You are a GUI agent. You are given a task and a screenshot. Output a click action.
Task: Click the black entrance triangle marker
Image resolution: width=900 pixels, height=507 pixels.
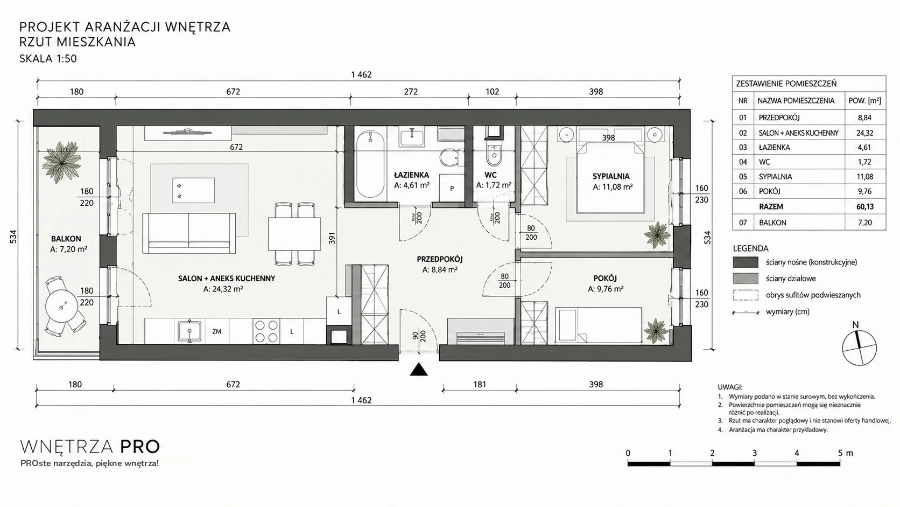[x=419, y=370]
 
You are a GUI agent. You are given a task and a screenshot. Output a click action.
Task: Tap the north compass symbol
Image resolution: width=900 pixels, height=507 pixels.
[x=860, y=348]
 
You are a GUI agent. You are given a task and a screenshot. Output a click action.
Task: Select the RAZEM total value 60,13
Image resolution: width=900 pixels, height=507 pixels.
[x=864, y=207]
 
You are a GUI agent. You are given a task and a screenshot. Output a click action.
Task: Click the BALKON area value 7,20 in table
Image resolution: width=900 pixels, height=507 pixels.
[x=864, y=223]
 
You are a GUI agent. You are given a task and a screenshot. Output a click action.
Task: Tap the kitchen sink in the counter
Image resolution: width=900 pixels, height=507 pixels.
[x=189, y=331]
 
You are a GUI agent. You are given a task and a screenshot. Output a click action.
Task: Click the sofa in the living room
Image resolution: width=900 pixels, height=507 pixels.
[x=189, y=233]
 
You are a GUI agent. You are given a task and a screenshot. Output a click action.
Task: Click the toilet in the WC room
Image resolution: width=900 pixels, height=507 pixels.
[x=494, y=155]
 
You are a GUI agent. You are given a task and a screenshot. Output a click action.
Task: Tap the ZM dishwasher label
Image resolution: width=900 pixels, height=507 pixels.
[x=216, y=332]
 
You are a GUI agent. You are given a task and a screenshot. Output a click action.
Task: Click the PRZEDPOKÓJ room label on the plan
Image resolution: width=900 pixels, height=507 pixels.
[x=440, y=259]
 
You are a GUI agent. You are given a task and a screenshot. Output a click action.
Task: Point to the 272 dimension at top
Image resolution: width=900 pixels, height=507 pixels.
[x=411, y=92]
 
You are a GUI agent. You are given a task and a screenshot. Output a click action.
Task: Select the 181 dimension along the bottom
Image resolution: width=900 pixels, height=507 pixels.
[x=480, y=384]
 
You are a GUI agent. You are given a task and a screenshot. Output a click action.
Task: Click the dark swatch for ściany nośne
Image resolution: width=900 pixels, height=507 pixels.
[x=746, y=262]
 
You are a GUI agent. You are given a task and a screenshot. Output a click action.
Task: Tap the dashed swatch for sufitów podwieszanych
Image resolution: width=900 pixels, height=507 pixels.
[x=746, y=295]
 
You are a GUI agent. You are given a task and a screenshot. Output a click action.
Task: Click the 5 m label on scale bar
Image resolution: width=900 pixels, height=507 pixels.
[x=845, y=453]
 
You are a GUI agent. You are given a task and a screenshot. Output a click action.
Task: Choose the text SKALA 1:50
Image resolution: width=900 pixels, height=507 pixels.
[x=48, y=59]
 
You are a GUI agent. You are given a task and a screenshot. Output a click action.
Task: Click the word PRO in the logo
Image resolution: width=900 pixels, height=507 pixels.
[x=140, y=447]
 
